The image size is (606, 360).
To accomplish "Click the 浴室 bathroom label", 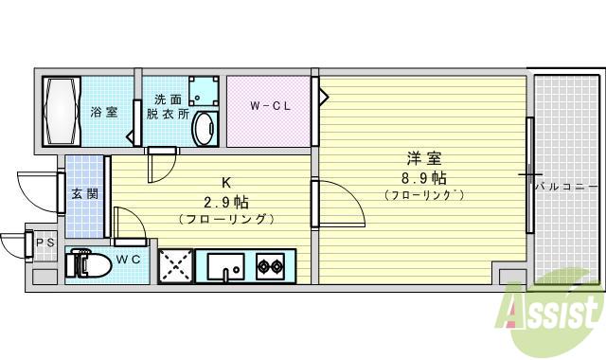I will coord(104,113).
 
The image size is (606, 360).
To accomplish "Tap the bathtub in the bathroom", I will coord(63,110).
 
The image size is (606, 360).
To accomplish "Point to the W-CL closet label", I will coord(270,105).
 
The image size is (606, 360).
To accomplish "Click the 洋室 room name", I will coord(417,159).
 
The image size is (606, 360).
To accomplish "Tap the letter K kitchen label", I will coord(226,184).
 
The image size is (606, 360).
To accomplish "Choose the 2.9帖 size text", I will coord(226,202).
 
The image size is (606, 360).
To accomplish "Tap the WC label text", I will coord(131,259).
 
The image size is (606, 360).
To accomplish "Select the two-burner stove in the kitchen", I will coord(270,265).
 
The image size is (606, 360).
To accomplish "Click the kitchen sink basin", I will coord(225,264).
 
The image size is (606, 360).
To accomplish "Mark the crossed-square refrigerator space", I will coord(177,265).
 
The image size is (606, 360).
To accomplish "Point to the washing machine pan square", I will coord(201,92).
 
